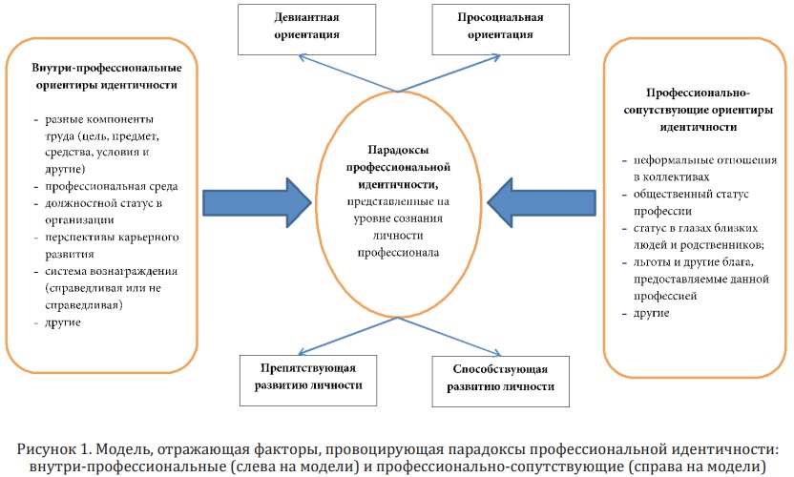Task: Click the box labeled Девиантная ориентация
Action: point(307,30)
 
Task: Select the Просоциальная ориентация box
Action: point(500,30)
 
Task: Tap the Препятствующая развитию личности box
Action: point(308,381)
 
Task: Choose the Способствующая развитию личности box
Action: point(500,382)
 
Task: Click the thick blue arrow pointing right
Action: point(257,202)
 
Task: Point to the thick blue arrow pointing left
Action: point(541,202)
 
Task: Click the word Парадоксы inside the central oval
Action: point(398,150)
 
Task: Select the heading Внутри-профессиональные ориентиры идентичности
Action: point(107,76)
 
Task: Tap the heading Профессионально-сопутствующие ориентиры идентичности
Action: point(699,110)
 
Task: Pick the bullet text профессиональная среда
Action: point(112,186)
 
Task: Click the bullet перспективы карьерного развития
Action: point(112,245)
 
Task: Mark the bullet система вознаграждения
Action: point(112,271)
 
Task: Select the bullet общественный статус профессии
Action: point(691,202)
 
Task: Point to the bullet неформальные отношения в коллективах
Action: point(705,168)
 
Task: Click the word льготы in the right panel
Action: point(650,261)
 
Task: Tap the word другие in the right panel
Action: point(651,313)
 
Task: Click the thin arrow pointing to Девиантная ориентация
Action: point(348,73)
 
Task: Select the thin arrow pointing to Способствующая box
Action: point(449,336)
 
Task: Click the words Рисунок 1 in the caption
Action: point(54,449)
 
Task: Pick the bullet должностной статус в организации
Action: point(103,212)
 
